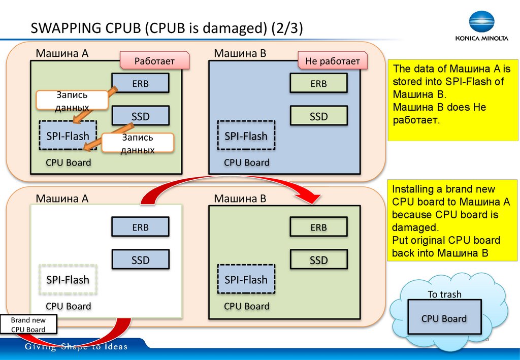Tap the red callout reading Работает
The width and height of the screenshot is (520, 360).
(x=154, y=61)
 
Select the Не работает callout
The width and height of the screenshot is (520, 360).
(x=332, y=61)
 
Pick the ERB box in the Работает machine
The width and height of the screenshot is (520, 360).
(x=140, y=83)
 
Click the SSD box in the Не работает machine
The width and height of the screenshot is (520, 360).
(x=319, y=116)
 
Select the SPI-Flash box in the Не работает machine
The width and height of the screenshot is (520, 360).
(x=246, y=136)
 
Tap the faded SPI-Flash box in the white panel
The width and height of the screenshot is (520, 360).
(x=68, y=280)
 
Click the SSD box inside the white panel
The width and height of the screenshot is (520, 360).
(x=140, y=260)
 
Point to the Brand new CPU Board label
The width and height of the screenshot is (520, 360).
(x=28, y=325)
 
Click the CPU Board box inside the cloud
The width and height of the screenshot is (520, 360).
(x=444, y=318)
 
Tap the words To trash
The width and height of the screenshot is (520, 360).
(x=444, y=294)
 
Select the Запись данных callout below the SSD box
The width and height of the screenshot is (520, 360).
(x=137, y=144)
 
